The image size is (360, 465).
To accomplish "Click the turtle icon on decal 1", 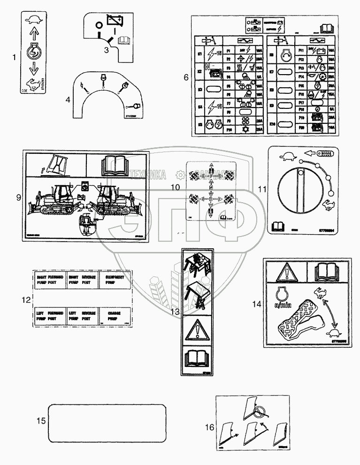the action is point(33,20).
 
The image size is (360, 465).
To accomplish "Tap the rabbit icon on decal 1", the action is point(32,85).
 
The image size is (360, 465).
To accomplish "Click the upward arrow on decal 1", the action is point(33,33).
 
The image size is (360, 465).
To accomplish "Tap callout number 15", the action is point(42,421).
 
